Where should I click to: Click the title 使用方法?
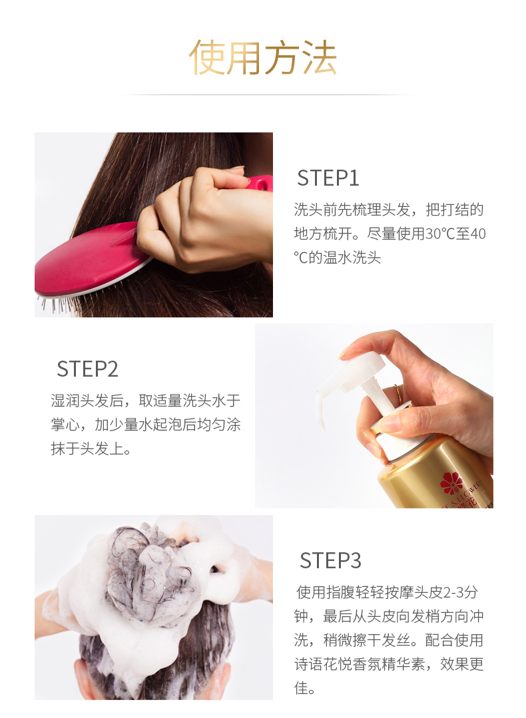[263, 57]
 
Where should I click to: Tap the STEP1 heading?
[328, 178]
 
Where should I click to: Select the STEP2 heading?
[87, 369]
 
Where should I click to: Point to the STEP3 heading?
[330, 560]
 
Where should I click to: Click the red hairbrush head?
[89, 259]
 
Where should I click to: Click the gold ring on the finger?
[399, 395]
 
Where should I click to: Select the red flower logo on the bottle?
[452, 483]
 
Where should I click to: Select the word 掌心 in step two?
[65, 425]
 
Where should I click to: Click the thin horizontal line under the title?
[263, 94]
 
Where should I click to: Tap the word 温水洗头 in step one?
[352, 258]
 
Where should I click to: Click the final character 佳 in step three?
[302, 688]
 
